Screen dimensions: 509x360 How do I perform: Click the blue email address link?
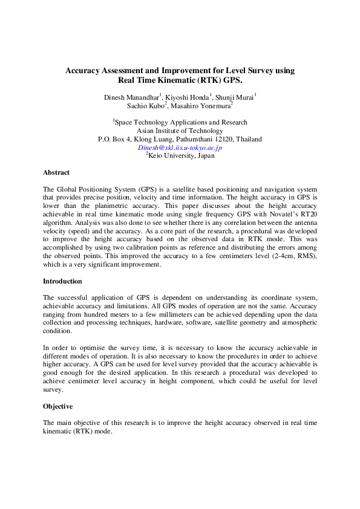[180, 147]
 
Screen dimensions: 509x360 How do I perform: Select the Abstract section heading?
[56, 172]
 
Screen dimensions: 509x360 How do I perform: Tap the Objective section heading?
[58, 406]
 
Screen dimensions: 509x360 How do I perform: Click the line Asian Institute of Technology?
[180, 131]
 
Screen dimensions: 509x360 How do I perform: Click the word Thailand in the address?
[249, 139]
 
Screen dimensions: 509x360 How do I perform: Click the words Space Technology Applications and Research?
[181, 122]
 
